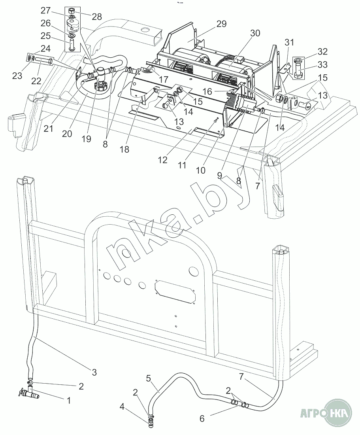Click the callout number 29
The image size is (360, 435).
[221, 24]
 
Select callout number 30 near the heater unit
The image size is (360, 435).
[255, 33]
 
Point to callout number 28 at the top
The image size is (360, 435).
[96, 17]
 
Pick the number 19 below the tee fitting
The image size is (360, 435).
[87, 139]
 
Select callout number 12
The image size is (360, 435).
[163, 160]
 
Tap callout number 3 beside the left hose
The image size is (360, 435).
[94, 372]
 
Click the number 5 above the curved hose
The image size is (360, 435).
[149, 378]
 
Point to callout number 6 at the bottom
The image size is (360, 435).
[202, 418]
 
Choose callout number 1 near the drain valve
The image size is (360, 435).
[69, 400]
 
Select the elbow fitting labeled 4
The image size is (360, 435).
[151, 424]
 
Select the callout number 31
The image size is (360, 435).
[290, 42]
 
